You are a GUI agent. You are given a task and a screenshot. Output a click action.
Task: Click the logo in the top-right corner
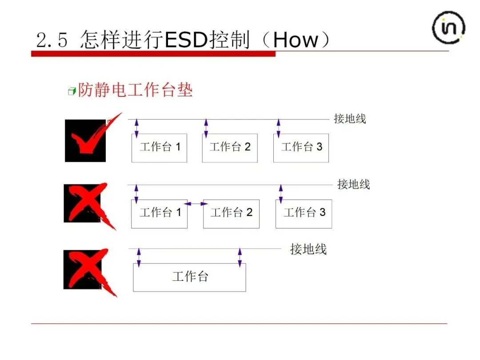449,28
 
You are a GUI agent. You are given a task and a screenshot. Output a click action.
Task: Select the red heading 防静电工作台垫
135,90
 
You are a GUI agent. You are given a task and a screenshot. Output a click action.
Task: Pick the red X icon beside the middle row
87,204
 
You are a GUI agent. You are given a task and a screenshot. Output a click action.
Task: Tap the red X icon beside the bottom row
87,271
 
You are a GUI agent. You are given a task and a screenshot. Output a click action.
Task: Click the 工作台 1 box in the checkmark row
159,148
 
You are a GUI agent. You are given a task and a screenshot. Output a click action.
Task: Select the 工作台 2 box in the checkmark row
230,148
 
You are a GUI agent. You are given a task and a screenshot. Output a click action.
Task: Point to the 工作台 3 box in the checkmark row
301,148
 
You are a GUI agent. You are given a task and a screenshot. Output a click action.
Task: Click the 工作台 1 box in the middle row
159,214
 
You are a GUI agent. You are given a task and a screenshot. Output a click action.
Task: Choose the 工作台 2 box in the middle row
231,214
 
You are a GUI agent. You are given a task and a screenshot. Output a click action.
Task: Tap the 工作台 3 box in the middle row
304,214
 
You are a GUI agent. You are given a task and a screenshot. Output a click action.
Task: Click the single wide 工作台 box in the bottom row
189,277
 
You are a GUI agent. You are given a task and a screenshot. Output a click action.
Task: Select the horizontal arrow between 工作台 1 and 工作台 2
196,204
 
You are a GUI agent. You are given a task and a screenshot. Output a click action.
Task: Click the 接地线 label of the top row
350,119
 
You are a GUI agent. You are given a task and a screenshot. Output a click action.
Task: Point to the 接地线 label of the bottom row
308,249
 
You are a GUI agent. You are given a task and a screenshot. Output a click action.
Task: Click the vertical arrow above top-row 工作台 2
206,128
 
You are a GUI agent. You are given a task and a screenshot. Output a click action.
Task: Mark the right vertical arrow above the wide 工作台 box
240,258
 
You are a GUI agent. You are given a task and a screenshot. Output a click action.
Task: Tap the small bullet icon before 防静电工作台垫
72,92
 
